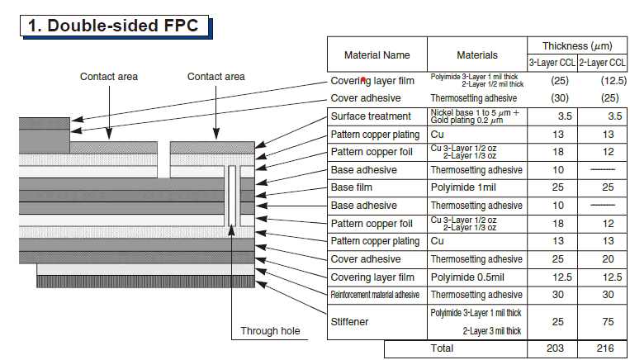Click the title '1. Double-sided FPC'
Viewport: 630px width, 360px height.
113,26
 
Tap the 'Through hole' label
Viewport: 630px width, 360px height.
270,331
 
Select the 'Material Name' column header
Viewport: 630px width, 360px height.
377,55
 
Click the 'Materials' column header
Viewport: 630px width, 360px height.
477,55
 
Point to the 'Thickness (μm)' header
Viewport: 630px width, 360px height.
577,46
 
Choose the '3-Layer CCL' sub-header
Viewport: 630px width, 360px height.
552,63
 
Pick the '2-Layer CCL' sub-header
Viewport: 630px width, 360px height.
602,63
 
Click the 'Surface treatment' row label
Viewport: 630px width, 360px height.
371,116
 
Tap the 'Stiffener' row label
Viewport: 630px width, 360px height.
349,322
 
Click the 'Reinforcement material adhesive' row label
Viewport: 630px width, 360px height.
375,295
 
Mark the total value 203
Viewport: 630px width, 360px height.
555,348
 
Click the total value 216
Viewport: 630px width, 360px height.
605,348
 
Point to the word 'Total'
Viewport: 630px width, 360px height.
442,348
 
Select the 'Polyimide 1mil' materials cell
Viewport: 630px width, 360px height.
463,187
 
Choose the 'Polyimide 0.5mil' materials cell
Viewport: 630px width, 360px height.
467,277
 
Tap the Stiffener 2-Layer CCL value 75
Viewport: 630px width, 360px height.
608,322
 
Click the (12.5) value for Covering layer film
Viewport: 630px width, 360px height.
613,81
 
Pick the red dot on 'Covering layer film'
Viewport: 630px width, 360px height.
363,80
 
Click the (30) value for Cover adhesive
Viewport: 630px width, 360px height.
560,98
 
